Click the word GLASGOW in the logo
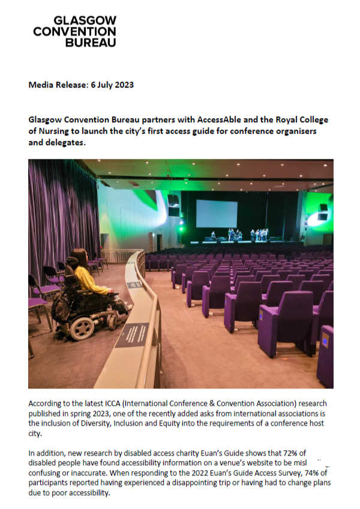tap(85, 21)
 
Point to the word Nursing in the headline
tap(53, 131)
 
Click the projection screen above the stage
tap(216, 213)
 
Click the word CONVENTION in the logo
tap(74, 32)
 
